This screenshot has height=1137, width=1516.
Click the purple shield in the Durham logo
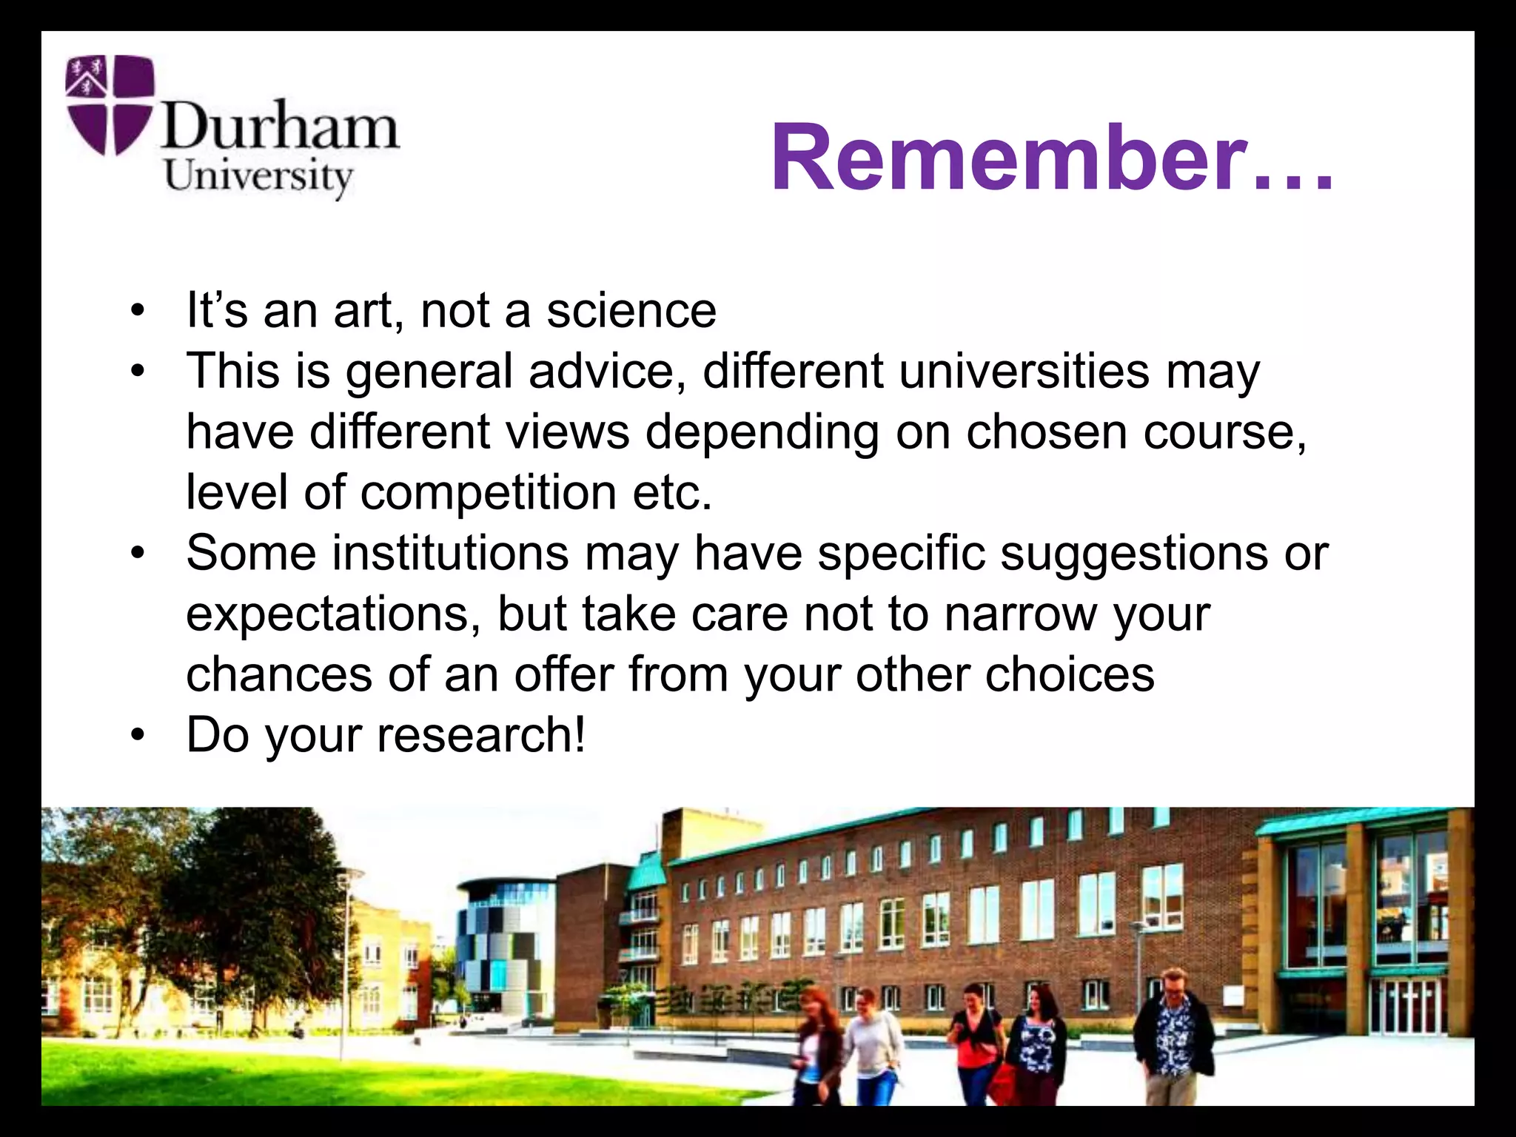tap(110, 104)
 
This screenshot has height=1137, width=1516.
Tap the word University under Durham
tap(258, 178)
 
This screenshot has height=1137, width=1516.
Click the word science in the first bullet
tap(631, 310)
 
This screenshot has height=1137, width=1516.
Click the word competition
tap(489, 492)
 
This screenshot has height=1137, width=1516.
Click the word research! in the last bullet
tap(481, 735)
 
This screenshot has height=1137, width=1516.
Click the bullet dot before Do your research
tap(137, 737)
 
